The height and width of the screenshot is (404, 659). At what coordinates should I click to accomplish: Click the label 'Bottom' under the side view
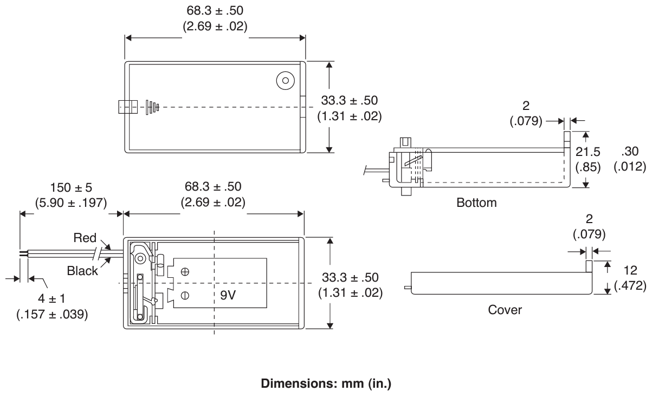pyautogui.click(x=476, y=203)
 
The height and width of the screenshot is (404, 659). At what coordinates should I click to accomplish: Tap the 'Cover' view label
pyautogui.click(x=505, y=310)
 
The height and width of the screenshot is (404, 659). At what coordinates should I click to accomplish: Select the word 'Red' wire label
pyautogui.click(x=85, y=238)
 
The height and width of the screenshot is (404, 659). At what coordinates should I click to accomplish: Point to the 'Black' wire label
pyautogui.click(x=82, y=271)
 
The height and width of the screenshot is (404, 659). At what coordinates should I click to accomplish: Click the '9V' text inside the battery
pyautogui.click(x=228, y=295)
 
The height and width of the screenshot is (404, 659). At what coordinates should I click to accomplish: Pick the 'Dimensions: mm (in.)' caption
pyautogui.click(x=326, y=384)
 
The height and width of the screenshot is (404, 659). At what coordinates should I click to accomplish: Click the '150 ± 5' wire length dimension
pyautogui.click(x=71, y=187)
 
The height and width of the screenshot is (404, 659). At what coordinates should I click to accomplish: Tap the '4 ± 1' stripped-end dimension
pyautogui.click(x=51, y=299)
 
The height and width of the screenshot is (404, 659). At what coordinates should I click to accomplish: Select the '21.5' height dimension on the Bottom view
pyautogui.click(x=588, y=152)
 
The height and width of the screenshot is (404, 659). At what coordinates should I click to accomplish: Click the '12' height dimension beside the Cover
pyautogui.click(x=630, y=270)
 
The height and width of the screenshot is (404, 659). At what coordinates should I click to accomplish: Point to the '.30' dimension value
pyautogui.click(x=630, y=152)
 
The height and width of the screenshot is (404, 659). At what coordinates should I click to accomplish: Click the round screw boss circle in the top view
pyautogui.click(x=286, y=80)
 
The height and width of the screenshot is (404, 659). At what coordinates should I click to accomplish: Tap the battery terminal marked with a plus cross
pyautogui.click(x=185, y=272)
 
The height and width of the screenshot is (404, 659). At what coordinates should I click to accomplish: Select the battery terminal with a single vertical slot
pyautogui.click(x=185, y=295)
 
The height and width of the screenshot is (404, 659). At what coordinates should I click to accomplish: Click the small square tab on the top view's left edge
pyautogui.click(x=128, y=107)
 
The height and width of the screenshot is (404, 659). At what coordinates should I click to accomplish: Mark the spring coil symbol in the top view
pyautogui.click(x=152, y=107)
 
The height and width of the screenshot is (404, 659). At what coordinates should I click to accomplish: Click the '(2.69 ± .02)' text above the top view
pyautogui.click(x=215, y=27)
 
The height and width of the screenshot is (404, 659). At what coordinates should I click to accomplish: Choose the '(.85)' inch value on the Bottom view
pyautogui.click(x=588, y=167)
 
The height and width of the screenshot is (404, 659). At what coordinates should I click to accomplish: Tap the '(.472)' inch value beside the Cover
pyautogui.click(x=630, y=285)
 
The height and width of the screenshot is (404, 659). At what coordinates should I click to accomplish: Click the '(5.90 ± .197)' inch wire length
pyautogui.click(x=71, y=203)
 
